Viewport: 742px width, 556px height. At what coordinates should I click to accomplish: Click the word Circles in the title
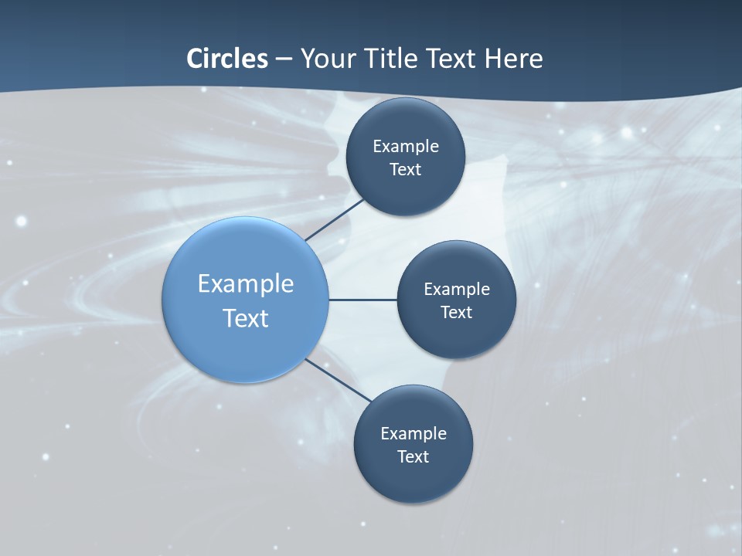[x=227, y=59]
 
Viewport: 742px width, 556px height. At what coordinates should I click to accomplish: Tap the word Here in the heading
[x=513, y=59]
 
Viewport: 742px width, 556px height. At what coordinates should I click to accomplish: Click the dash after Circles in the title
[x=284, y=59]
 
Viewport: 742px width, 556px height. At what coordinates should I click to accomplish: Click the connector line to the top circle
[x=334, y=219]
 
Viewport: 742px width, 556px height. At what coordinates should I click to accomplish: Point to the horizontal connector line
[x=362, y=300]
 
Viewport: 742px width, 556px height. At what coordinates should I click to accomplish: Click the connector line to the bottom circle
[x=338, y=379]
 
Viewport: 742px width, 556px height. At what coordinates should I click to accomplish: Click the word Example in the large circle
[x=246, y=284]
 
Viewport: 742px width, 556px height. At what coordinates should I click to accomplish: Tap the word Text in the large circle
[x=246, y=318]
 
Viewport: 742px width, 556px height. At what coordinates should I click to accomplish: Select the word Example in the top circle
[x=406, y=146]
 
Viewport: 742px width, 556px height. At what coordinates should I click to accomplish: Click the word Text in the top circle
[x=405, y=169]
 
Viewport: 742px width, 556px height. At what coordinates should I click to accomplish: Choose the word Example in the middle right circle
[x=457, y=289]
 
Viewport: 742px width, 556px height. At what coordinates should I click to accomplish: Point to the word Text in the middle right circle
[x=456, y=312]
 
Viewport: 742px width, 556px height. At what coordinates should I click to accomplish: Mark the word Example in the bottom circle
[x=414, y=433]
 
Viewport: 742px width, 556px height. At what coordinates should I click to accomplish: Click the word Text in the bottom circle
[x=413, y=456]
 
